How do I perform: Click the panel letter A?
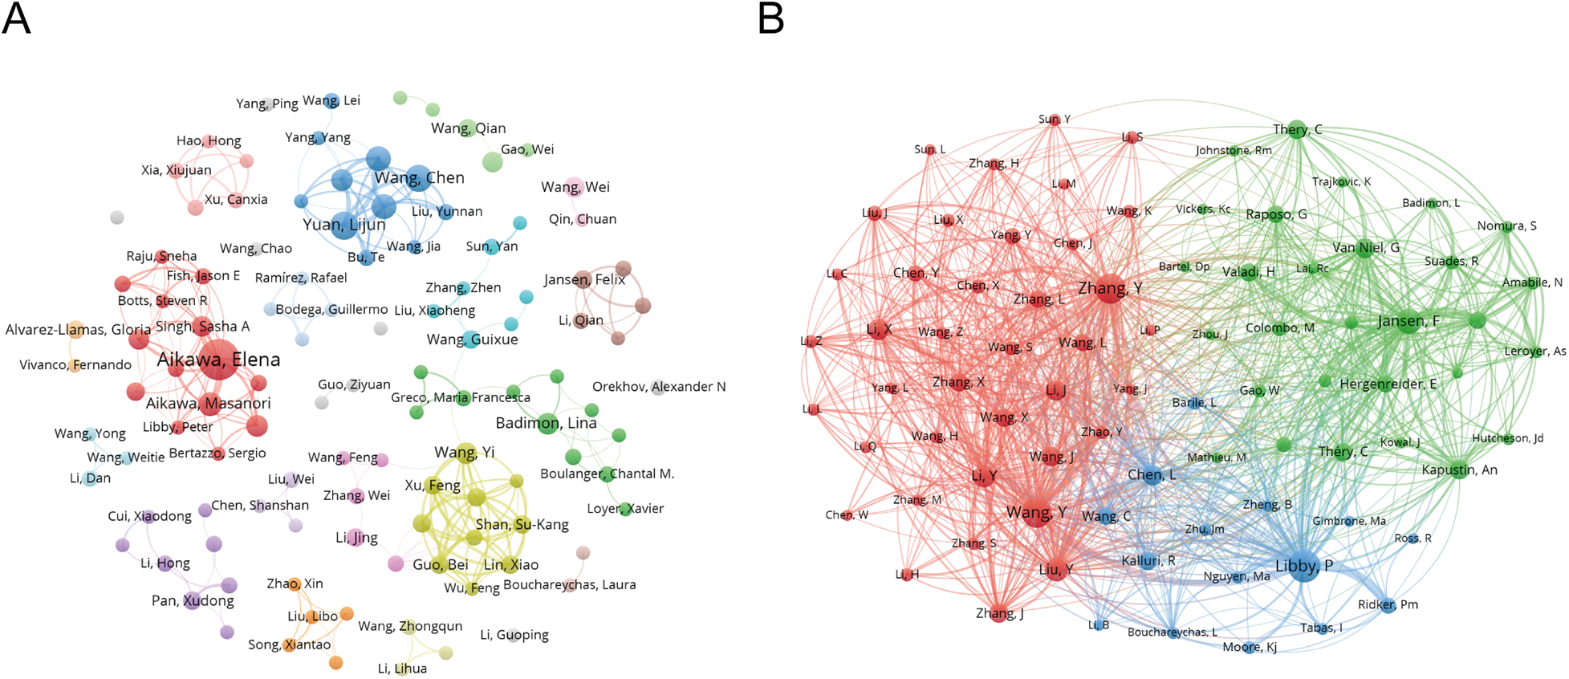[16, 19]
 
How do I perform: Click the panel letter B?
[770, 19]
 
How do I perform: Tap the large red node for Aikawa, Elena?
[218, 362]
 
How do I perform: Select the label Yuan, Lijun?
[343, 225]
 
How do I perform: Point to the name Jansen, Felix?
[584, 280]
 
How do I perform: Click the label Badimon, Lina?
[546, 423]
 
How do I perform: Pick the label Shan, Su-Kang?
[522, 525]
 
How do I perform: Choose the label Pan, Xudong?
[193, 600]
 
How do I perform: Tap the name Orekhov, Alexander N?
[659, 387]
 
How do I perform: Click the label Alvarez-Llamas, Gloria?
[78, 330]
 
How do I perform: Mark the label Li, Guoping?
[514, 635]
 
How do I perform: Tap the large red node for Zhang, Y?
[1110, 289]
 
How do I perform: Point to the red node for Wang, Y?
[1036, 512]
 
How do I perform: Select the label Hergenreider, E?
[1388, 384]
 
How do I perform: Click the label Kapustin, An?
[1459, 470]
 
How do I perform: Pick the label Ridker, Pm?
[1388, 605]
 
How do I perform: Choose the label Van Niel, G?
[1366, 248]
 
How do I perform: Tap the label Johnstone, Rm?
[1234, 151]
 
